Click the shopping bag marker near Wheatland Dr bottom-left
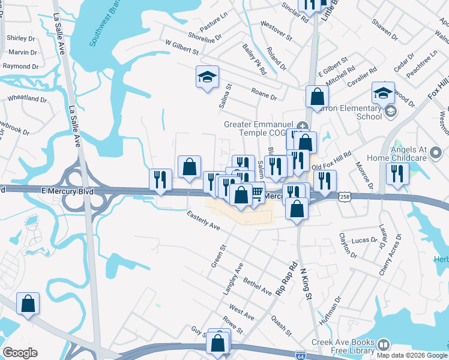point(28,303)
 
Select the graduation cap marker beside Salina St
point(207,77)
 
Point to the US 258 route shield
point(344,196)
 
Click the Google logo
point(20,352)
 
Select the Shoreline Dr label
point(206,37)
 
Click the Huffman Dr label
point(330,308)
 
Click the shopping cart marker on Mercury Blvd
point(256,191)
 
